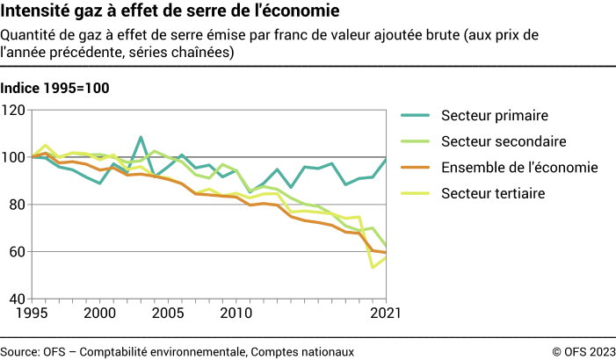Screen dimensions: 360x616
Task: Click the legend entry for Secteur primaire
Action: pyautogui.click(x=495, y=115)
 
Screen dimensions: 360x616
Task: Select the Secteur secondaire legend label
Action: pyautogui.click(x=504, y=141)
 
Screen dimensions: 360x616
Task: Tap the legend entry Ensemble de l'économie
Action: pyautogui.click(x=519, y=167)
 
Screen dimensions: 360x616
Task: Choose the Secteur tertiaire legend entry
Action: pyautogui.click(x=494, y=193)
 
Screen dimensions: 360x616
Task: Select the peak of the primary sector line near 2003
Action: pyautogui.click(x=141, y=137)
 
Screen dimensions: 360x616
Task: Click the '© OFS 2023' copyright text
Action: pyautogui.click(x=583, y=351)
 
